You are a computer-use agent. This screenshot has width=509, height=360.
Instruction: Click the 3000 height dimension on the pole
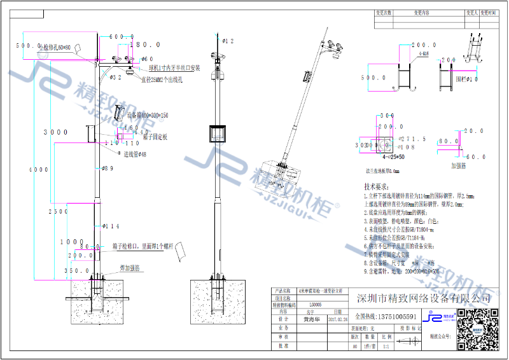pos(55,132)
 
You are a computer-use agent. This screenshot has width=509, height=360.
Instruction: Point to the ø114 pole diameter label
pos(111,226)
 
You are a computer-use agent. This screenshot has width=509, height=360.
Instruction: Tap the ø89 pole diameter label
pos(108,169)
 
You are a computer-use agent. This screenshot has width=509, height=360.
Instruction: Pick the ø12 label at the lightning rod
pos(228,41)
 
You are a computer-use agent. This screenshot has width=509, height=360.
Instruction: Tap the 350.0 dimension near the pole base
pos(80,270)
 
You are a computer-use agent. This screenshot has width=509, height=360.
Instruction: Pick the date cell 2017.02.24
pos(338,321)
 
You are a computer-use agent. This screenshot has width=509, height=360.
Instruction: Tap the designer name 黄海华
pos(311,321)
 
